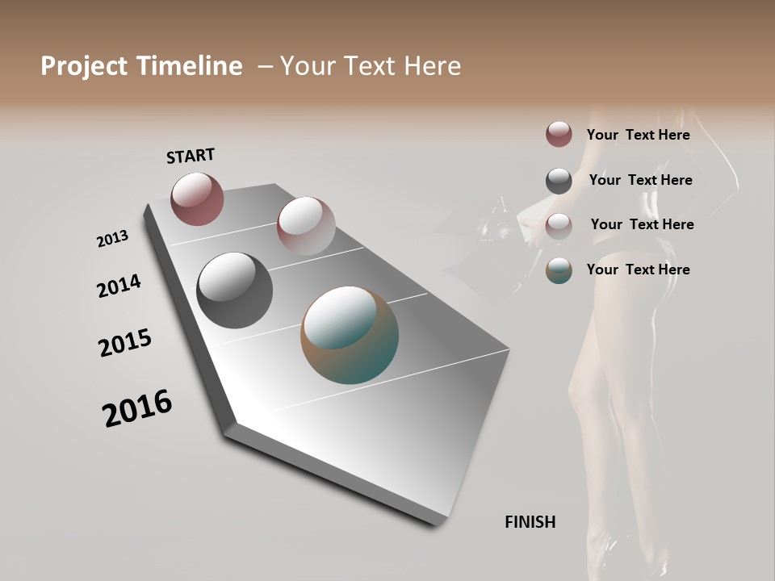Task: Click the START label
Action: point(191,156)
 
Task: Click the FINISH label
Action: point(530,522)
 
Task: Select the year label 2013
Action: point(112,239)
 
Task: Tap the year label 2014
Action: point(119,286)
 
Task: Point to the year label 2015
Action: point(125,343)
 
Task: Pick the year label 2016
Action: point(137,408)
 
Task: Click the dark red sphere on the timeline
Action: point(197,199)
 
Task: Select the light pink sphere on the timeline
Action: point(306,226)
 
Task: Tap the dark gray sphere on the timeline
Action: point(234,290)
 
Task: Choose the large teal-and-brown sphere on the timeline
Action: point(350,335)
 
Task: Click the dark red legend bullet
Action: point(559,134)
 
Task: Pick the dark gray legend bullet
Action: point(559,181)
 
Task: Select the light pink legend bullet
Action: point(559,226)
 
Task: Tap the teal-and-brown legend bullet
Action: point(559,270)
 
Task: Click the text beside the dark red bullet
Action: point(638,135)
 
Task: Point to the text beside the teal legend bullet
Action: point(638,270)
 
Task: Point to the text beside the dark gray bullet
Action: point(640,180)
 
